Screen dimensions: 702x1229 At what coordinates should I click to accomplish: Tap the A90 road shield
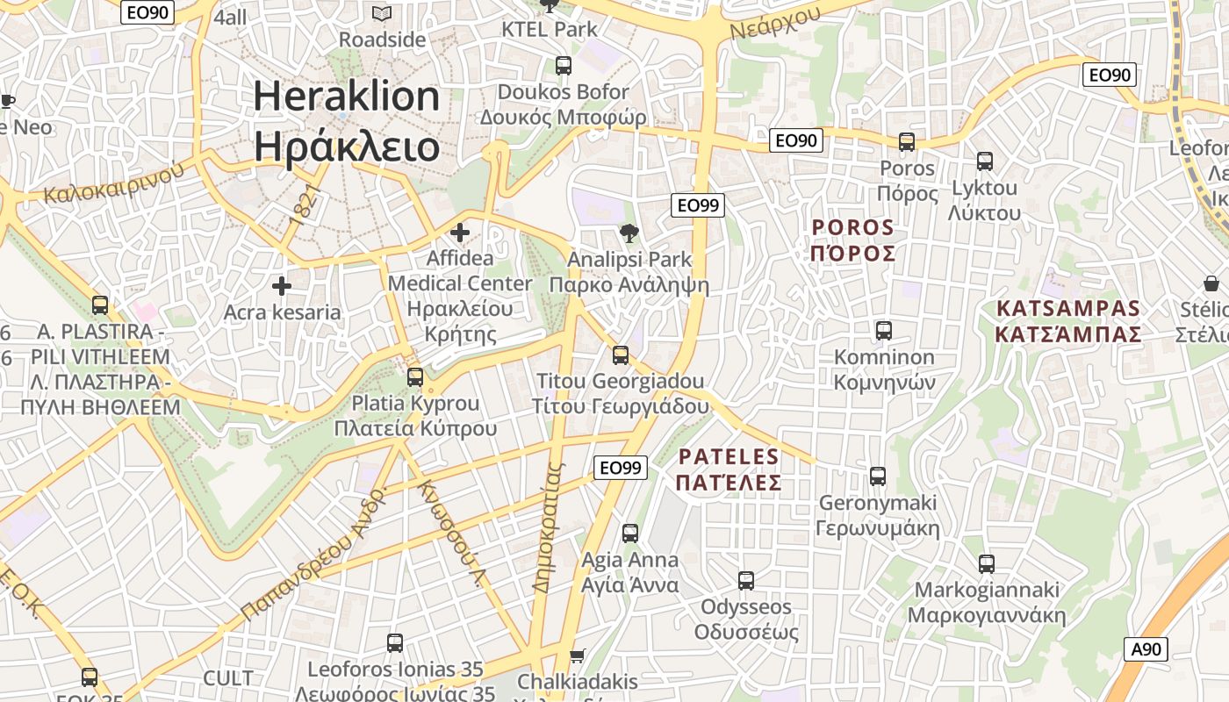coord(1146,649)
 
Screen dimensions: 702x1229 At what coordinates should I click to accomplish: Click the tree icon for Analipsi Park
coord(629,233)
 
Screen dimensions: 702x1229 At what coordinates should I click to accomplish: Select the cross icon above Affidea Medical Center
coord(459,233)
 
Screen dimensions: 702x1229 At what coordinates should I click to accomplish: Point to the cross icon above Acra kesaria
coord(282,286)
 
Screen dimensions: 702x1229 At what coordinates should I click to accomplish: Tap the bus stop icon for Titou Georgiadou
coord(621,355)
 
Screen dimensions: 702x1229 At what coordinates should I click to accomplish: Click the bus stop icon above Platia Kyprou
coord(415,377)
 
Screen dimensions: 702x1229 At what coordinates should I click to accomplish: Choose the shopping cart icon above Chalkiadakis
coord(577,656)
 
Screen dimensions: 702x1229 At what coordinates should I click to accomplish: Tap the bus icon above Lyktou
coord(985,161)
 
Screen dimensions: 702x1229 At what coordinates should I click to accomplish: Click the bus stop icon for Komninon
coord(884,331)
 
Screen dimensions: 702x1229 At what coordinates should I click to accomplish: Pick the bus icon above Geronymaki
coord(878,476)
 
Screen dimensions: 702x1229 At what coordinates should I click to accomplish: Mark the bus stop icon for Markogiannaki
coord(987,564)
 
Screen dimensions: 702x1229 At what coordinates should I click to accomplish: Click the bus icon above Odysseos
coord(746,580)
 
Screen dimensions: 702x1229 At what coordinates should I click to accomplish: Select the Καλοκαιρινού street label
coord(114,180)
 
